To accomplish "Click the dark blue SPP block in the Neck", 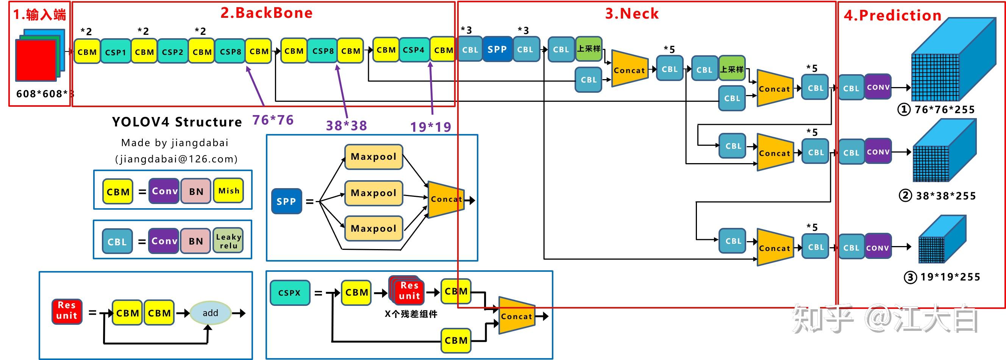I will click(497, 49).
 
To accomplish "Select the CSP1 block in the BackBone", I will click(116, 51).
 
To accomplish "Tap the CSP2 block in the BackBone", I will click(173, 51).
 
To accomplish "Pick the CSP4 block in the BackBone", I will click(414, 50).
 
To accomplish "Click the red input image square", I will click(36, 60).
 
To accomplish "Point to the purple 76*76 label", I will click(273, 120).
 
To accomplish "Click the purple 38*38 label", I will click(347, 125).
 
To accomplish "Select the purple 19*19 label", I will click(431, 126).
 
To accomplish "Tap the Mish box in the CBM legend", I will click(228, 190).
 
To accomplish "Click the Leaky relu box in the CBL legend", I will click(228, 241).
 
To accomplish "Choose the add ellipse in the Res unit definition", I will click(210, 313).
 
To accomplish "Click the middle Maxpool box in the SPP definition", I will click(373, 193).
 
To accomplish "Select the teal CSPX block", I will click(289, 293).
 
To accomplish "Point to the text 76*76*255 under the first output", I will click(944, 109).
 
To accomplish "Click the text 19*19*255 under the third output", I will click(950, 277).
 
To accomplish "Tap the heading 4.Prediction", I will click(893, 15).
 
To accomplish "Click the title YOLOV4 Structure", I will click(177, 122).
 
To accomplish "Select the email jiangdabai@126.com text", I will click(176, 159).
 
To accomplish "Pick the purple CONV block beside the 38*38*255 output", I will click(878, 151).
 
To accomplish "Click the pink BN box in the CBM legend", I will click(196, 191).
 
